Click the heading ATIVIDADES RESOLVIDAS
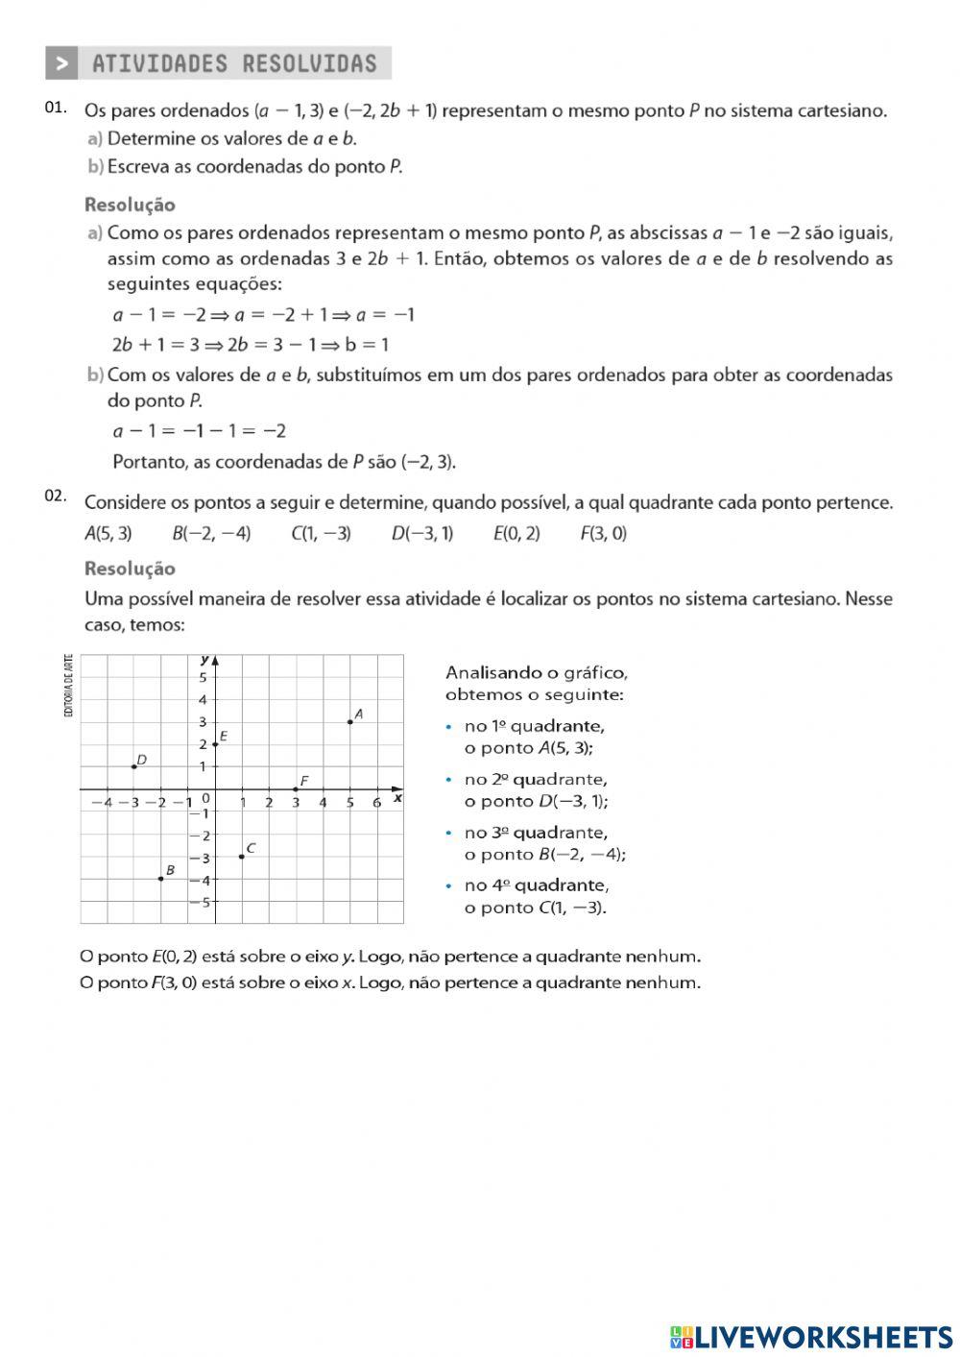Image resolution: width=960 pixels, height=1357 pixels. tap(234, 64)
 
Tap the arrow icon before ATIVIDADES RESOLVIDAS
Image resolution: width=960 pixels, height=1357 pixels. tap(61, 64)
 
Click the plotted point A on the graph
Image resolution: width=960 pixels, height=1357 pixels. tap(349, 721)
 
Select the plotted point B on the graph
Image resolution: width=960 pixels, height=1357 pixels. tap(160, 879)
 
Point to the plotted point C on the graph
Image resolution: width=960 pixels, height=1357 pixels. tap(241, 856)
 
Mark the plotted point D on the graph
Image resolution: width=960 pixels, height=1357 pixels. tap(133, 766)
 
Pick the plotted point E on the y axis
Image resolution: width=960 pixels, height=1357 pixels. tap(215, 744)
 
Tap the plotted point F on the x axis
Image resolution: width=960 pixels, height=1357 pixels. tap(296, 788)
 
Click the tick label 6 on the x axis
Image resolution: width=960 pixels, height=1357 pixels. tap(376, 803)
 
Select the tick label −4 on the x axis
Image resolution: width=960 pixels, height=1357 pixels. tap(101, 803)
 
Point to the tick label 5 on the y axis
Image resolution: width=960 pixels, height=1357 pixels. tap(203, 677)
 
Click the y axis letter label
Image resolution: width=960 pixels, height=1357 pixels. tap(204, 659)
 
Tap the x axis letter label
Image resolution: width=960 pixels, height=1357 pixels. tap(397, 798)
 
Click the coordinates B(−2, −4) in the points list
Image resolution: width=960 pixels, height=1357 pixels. tap(211, 534)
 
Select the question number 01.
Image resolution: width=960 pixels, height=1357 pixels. tap(55, 108)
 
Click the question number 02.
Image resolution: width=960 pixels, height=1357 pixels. tap(55, 497)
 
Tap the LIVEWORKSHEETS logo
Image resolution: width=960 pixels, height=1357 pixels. tap(811, 1336)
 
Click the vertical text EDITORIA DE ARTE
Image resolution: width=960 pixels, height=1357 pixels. tap(68, 686)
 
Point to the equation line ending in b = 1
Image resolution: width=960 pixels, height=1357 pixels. tap(251, 345)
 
